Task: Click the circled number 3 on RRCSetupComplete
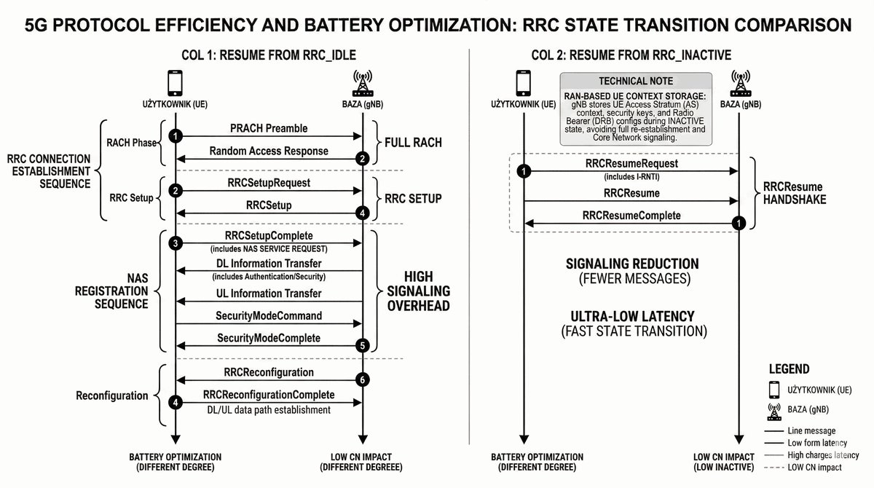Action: tap(175, 243)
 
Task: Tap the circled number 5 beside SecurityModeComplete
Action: tap(363, 345)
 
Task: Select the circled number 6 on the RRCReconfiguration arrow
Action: tap(363, 379)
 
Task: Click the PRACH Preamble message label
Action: tap(268, 128)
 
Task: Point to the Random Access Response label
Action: tap(268, 151)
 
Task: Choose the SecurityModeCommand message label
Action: tap(268, 315)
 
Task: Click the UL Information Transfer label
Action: tap(268, 293)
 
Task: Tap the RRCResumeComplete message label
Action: tap(631, 216)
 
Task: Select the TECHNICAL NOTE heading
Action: tap(635, 81)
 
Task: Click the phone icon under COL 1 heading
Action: tap(175, 82)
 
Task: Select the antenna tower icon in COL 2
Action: tap(740, 82)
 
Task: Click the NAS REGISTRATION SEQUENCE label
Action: tap(112, 291)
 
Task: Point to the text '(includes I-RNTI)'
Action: tap(631, 176)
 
